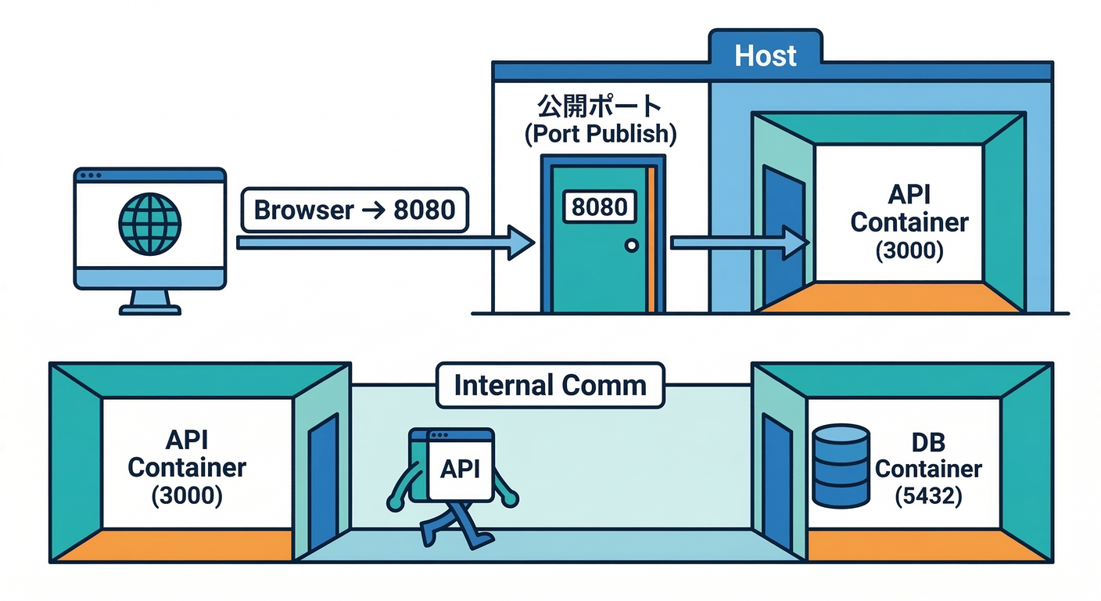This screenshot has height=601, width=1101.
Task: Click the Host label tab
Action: click(x=765, y=56)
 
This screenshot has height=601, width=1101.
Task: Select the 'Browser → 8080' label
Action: click(x=354, y=210)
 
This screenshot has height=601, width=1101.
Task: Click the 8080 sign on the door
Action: click(x=600, y=207)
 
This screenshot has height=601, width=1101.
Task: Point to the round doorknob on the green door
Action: click(x=631, y=246)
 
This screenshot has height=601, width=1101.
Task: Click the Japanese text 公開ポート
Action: click(x=599, y=106)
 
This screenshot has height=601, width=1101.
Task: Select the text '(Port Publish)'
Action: click(x=599, y=133)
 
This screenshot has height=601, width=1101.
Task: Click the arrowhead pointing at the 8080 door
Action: click(x=519, y=243)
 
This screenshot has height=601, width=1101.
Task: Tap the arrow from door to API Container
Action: click(x=739, y=243)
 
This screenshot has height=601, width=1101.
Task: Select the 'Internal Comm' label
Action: click(x=550, y=386)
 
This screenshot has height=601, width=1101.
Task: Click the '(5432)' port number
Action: click(x=928, y=497)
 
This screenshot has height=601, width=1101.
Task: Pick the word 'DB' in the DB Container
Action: click(x=928, y=443)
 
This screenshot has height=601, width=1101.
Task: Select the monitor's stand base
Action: click(x=149, y=309)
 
